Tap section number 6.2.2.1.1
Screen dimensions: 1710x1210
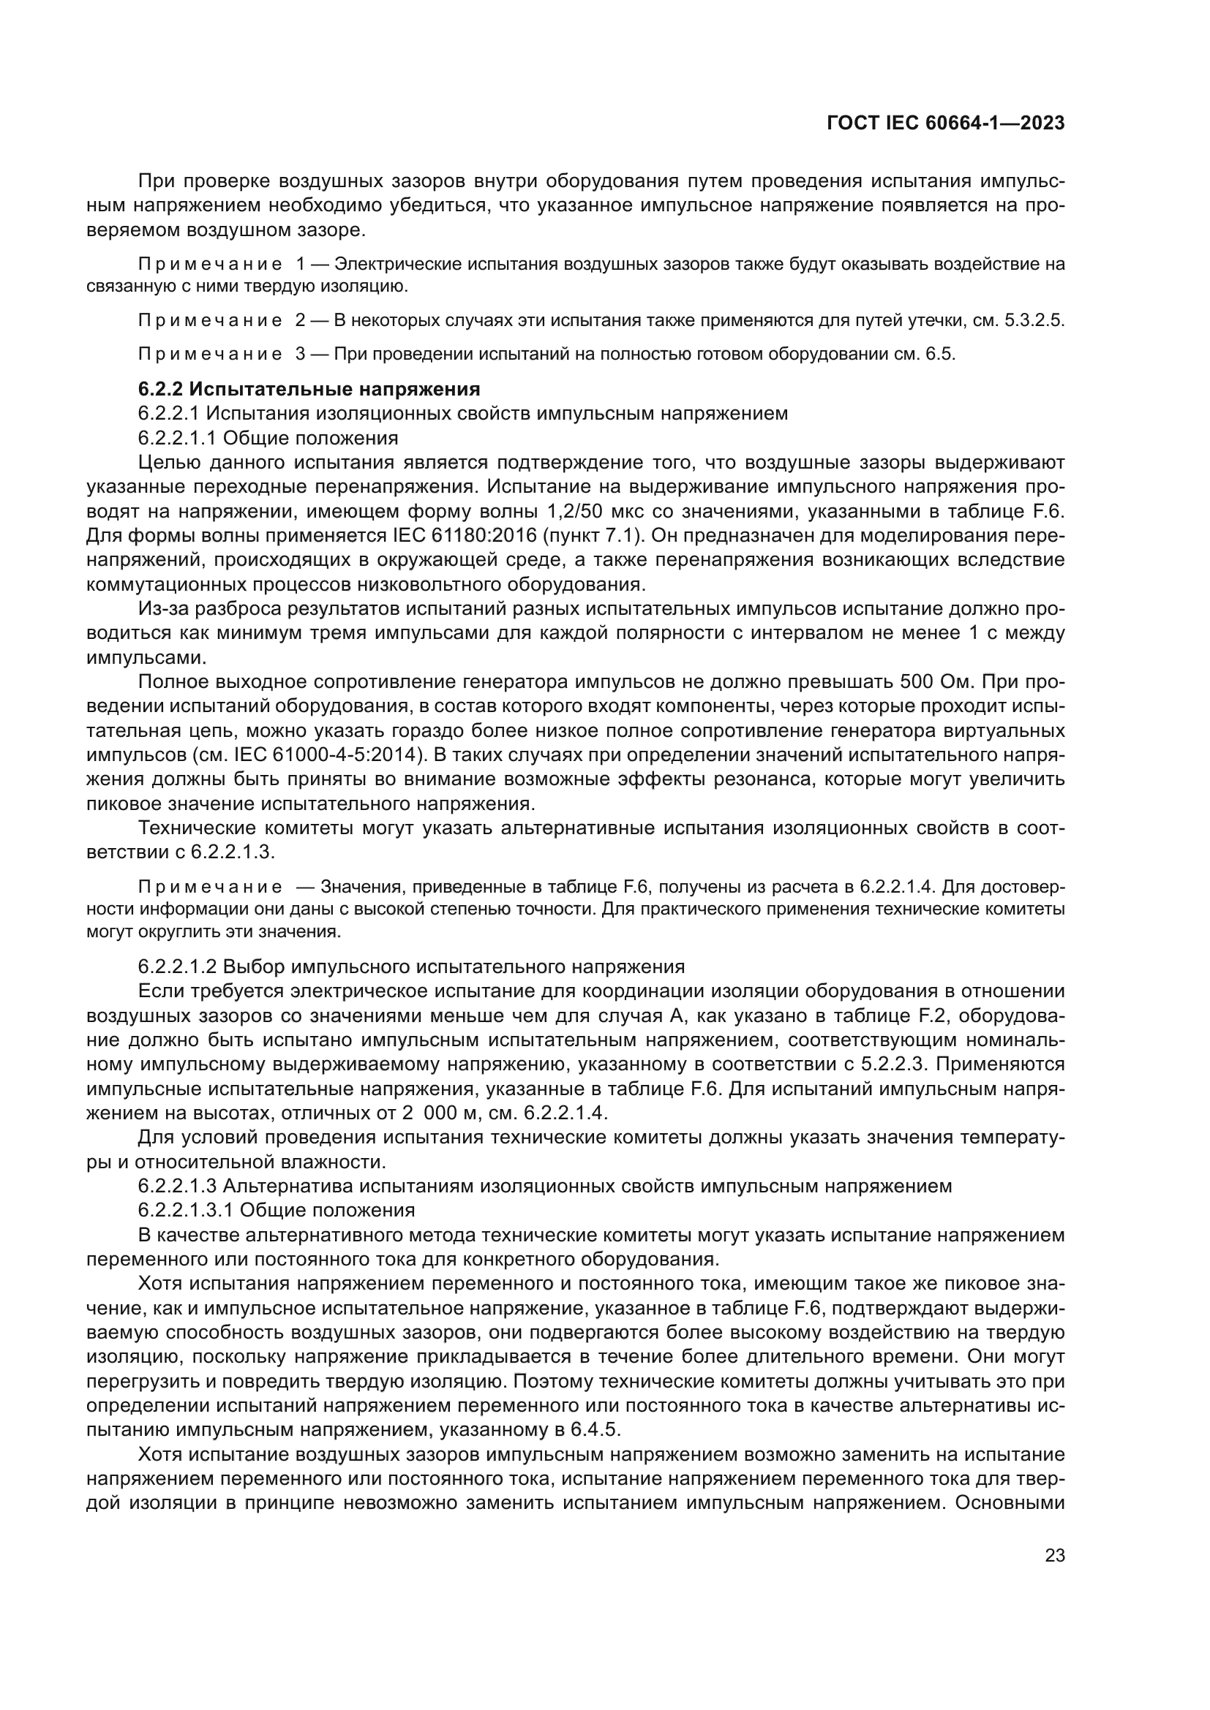(x=176, y=437)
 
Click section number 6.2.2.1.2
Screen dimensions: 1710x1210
(x=176, y=966)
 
